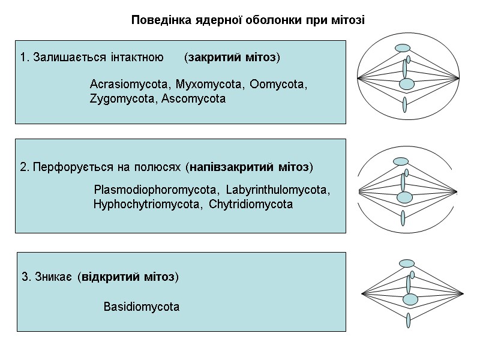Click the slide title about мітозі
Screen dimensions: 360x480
(248, 20)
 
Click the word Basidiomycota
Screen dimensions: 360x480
(142, 307)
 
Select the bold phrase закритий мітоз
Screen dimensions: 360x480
(232, 58)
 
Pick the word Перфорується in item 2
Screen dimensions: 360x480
(65, 166)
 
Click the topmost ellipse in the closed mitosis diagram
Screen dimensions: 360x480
(403, 48)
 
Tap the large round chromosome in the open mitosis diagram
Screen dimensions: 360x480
(410, 299)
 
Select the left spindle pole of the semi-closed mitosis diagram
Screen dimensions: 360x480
(358, 192)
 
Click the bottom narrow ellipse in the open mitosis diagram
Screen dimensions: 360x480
(407, 320)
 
